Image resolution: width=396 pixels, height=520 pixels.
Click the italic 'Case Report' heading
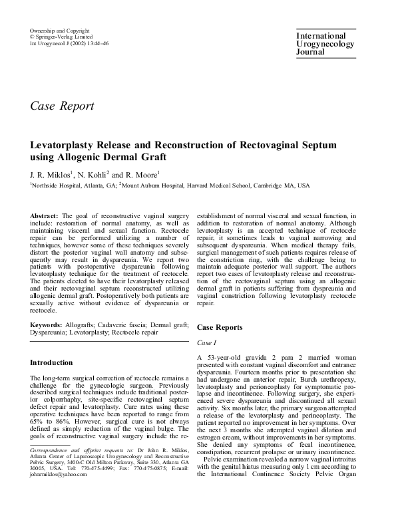point(63,106)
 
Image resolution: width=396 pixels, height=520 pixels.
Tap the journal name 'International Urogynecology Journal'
point(320,43)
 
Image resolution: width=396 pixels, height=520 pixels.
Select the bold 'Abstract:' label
point(45,217)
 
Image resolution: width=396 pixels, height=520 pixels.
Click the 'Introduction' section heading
point(52,363)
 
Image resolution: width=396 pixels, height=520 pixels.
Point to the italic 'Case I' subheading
point(208,343)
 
